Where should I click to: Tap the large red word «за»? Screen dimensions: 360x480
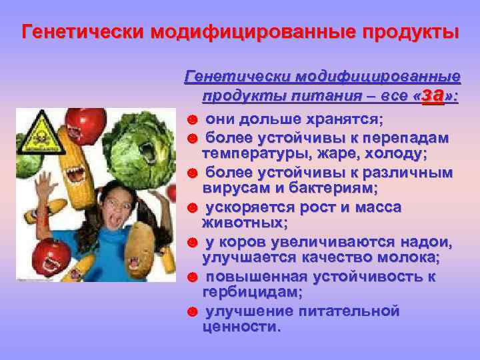point(433,95)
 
